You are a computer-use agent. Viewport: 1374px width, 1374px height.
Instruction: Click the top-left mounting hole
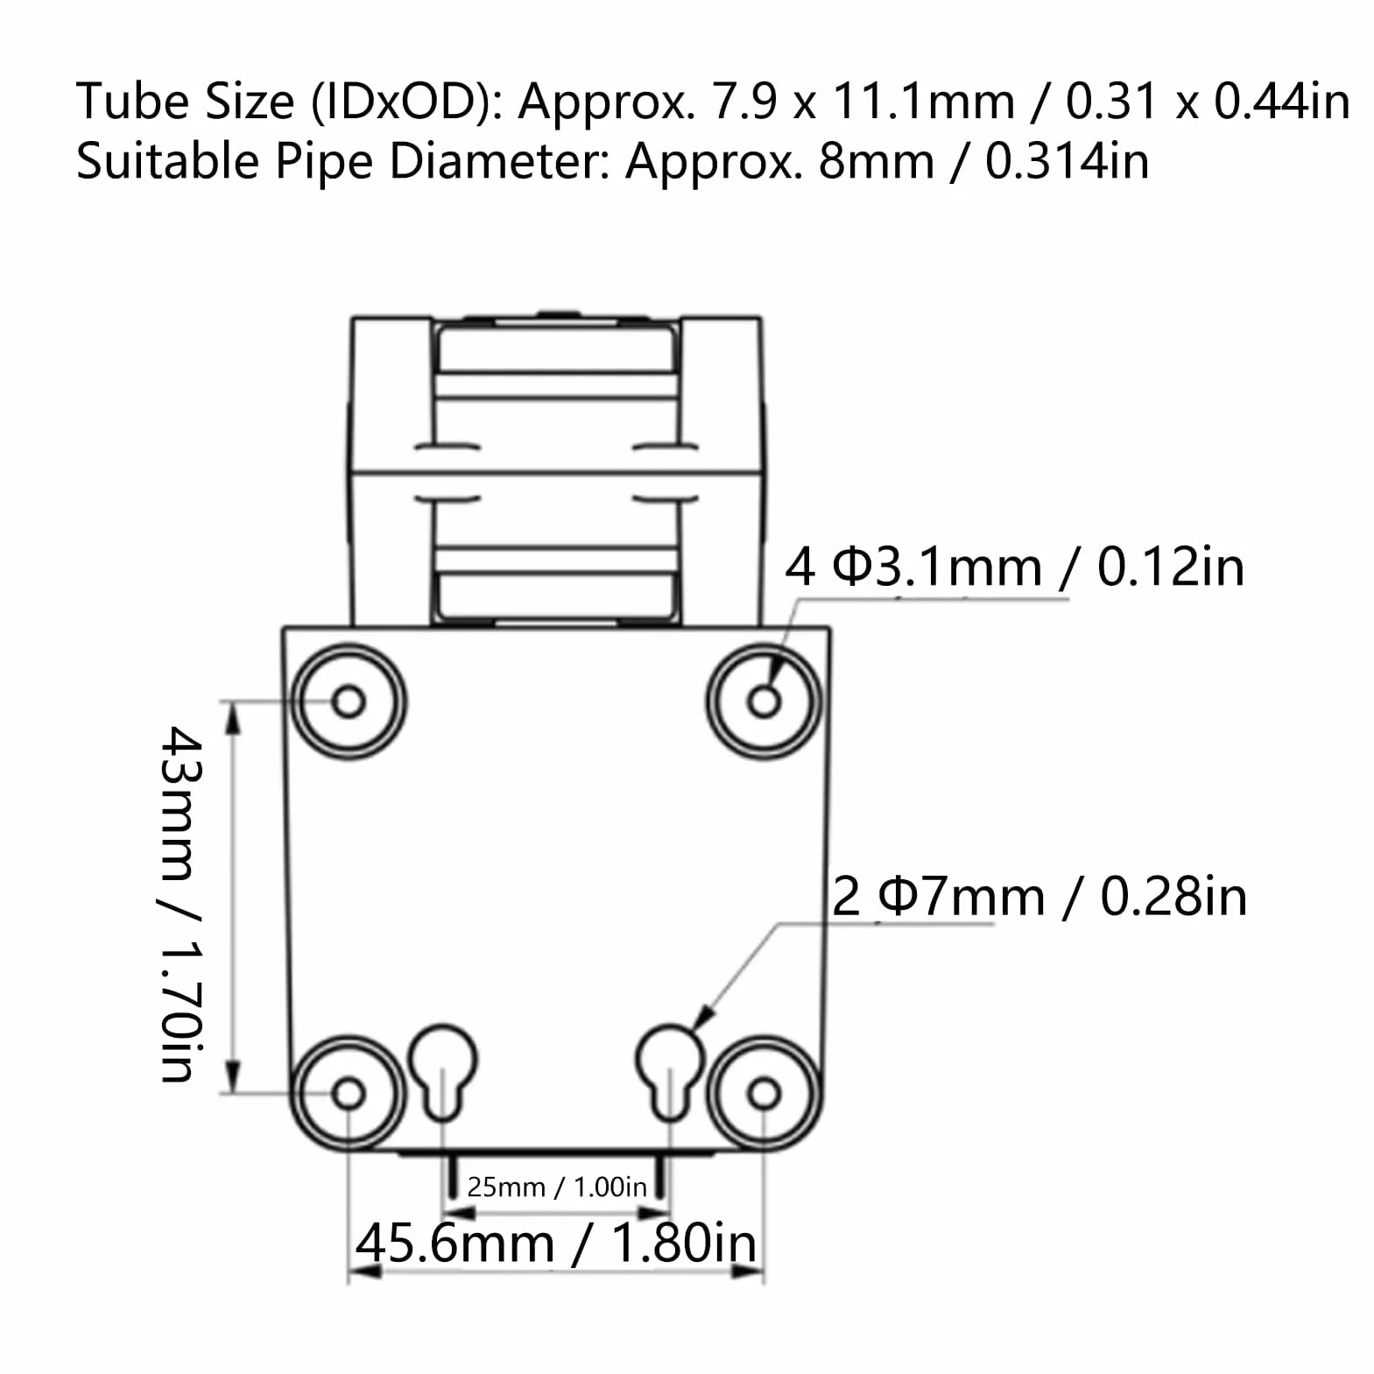(349, 701)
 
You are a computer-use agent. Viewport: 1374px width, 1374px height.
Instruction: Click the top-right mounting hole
(765, 701)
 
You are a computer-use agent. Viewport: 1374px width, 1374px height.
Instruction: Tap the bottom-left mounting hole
(349, 1093)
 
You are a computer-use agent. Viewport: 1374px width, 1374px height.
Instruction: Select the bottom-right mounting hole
(765, 1093)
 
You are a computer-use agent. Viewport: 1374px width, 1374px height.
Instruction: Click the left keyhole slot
(444, 1072)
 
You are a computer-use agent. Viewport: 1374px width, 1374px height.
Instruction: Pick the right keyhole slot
(670, 1072)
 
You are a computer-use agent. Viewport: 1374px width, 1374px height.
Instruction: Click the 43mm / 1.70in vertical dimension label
(182, 904)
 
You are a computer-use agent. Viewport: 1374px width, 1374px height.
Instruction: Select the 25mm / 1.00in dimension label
(557, 1187)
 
